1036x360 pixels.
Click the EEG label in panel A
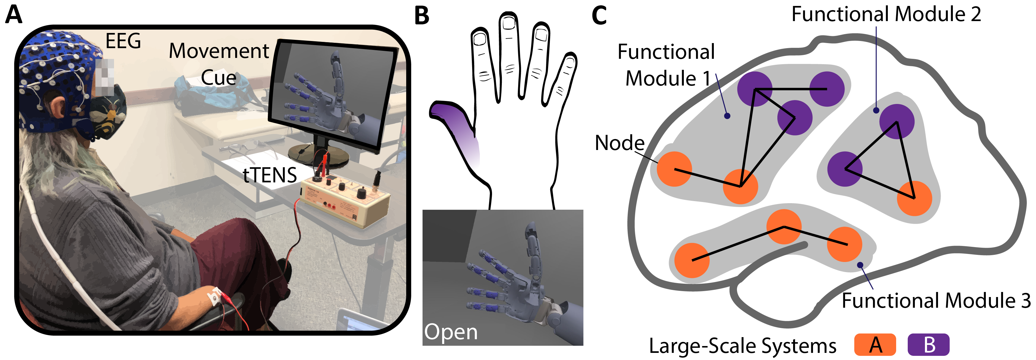(x=123, y=41)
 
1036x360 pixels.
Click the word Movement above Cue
(x=219, y=51)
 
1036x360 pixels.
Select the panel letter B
(x=421, y=16)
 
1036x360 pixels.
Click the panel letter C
(x=599, y=16)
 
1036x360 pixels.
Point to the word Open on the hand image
(x=451, y=333)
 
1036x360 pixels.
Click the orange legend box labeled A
(x=875, y=345)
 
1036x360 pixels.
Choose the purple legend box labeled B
(x=929, y=345)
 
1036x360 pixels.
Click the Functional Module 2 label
(x=886, y=15)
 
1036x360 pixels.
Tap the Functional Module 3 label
(x=936, y=301)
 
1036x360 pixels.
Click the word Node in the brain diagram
(x=619, y=143)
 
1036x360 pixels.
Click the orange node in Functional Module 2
(x=915, y=198)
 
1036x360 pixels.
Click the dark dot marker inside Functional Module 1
(x=727, y=116)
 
